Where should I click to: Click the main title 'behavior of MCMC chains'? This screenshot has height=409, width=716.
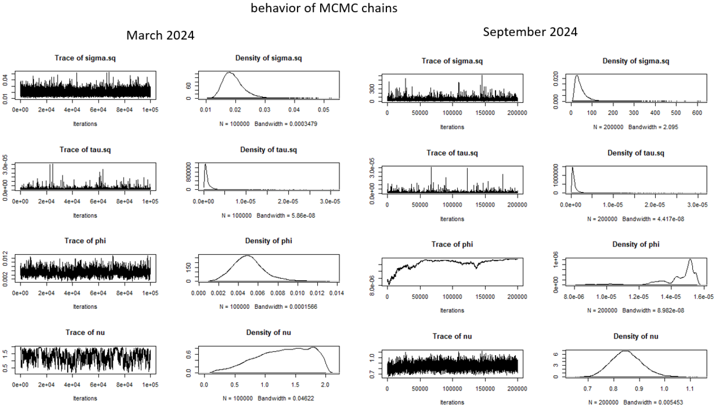(324, 8)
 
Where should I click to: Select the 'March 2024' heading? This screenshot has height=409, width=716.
(160, 35)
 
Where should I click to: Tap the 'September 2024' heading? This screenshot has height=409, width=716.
(530, 32)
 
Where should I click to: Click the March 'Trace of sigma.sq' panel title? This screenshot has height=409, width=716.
(85, 58)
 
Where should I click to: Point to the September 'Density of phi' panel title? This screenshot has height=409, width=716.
(636, 244)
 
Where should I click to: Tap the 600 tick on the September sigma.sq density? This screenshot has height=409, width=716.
(697, 113)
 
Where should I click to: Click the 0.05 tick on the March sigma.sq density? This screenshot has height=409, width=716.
(324, 110)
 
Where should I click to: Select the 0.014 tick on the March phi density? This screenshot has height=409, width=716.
(337, 293)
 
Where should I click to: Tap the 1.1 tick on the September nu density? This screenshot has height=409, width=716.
(690, 389)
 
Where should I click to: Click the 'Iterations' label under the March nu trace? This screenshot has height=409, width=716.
(85, 398)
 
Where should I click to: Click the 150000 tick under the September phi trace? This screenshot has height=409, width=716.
(485, 297)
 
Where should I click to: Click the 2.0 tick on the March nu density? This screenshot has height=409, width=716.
(325, 385)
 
